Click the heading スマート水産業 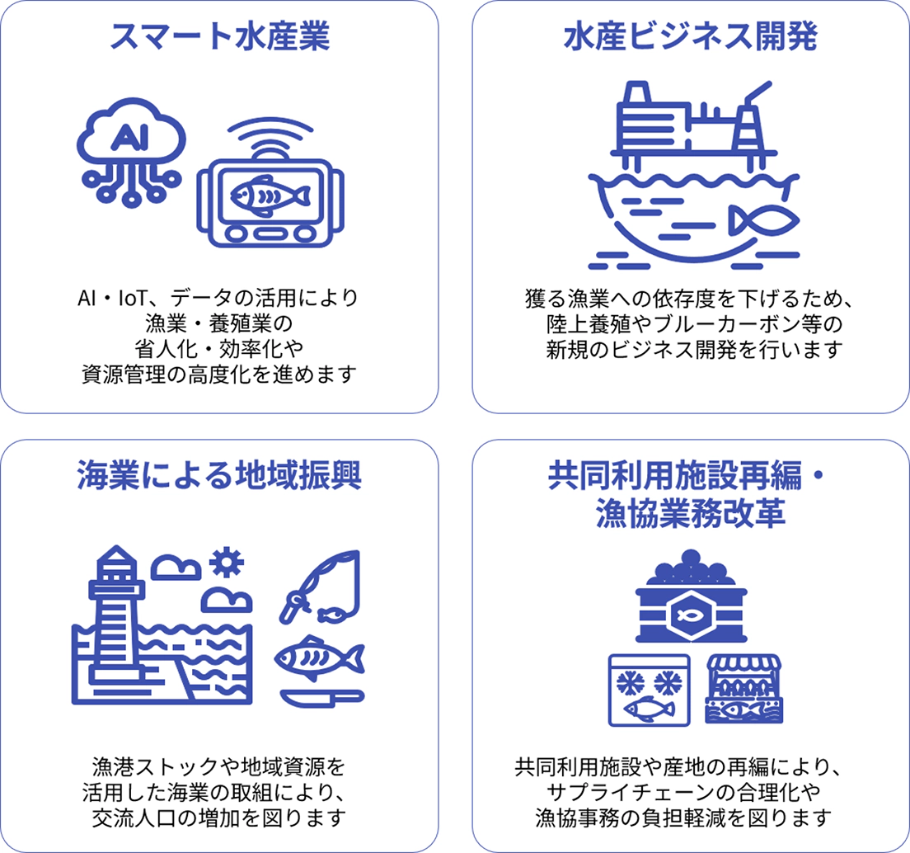coord(219,36)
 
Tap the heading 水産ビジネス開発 coord(691,36)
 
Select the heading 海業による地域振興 coord(219,475)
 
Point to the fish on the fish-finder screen coord(270,196)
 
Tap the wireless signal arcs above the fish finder coord(270,137)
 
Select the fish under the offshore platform coord(764,220)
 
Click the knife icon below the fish coord(322,697)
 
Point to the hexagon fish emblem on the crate coord(691,615)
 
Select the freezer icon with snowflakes coord(649,690)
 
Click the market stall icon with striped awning coord(744,690)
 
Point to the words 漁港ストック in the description coord(156,766)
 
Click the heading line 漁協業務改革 coord(691,512)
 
